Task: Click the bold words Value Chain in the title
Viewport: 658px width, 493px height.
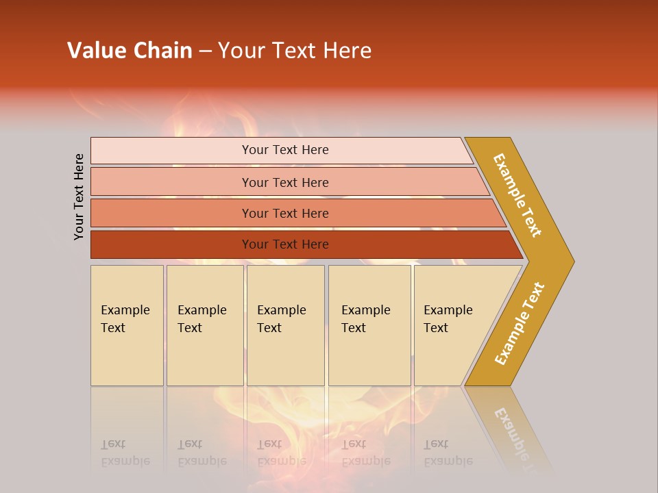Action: click(x=130, y=50)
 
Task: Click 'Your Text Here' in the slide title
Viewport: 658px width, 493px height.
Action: click(x=295, y=50)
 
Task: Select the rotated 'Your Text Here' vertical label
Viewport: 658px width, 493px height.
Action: click(x=80, y=197)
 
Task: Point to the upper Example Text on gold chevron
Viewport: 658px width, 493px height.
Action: click(x=517, y=195)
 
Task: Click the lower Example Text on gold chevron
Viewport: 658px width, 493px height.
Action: click(x=520, y=324)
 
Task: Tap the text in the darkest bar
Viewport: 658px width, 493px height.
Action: click(x=285, y=244)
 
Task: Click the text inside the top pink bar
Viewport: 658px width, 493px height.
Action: click(x=285, y=150)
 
